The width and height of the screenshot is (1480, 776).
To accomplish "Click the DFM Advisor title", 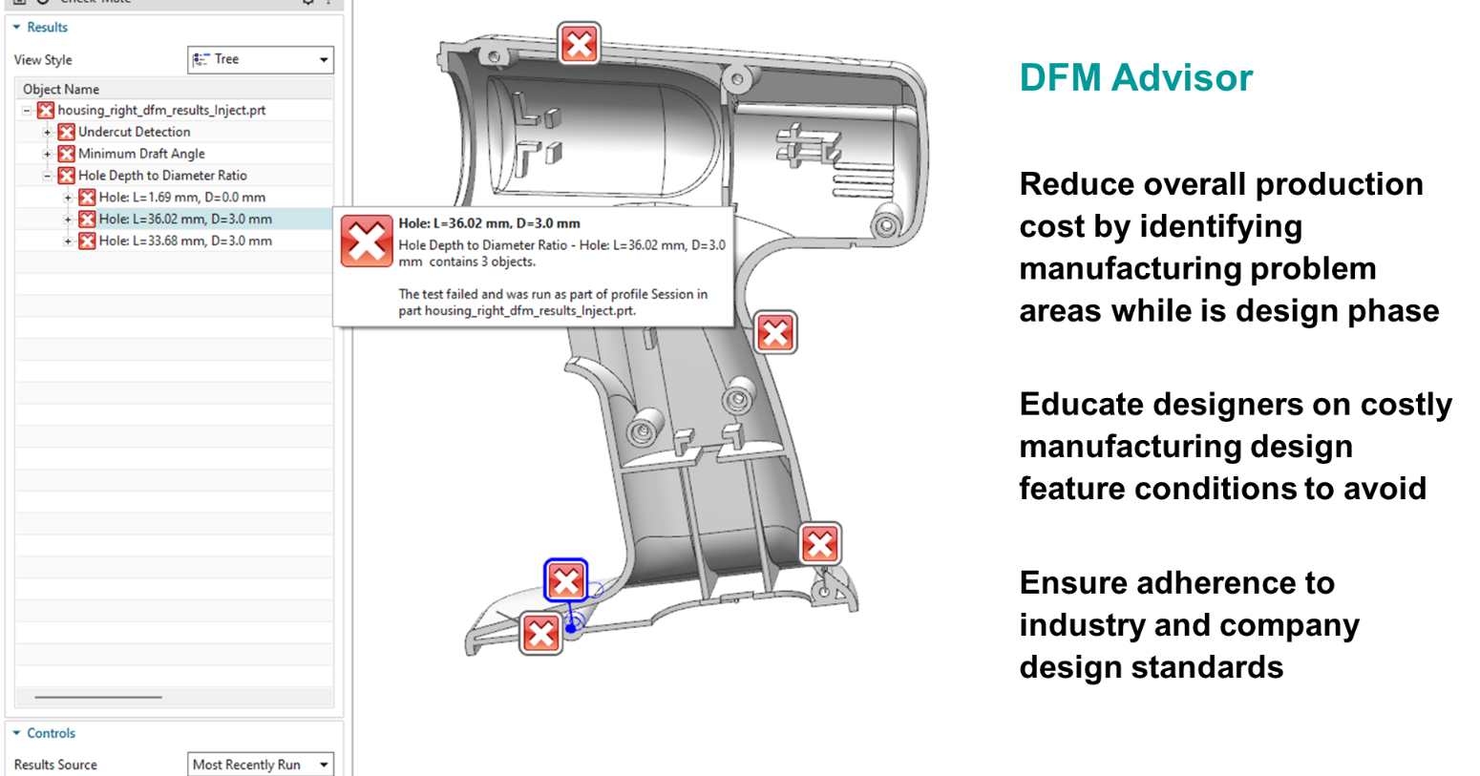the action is coord(1135,78).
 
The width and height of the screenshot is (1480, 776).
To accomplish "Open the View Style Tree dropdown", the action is coord(261,59).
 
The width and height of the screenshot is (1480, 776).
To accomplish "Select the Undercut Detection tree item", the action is coord(134,132).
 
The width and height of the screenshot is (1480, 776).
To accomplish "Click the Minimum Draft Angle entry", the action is coord(141,154).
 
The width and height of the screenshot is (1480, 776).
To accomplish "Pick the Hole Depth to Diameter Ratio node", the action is coord(162,175).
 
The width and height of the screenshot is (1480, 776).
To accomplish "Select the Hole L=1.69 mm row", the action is coord(181,197).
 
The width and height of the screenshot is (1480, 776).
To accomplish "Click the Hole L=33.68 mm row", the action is coord(185,241).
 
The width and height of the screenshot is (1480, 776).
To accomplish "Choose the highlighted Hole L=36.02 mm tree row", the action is coord(185,219).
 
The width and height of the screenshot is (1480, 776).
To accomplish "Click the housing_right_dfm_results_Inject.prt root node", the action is coord(161,110).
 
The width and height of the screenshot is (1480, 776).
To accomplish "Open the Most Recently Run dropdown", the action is coord(261,765).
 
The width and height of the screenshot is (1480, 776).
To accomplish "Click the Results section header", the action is coord(47,27).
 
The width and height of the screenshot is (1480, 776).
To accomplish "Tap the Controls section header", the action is coord(51,733).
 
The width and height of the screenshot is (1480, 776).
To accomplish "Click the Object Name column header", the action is coord(61,89).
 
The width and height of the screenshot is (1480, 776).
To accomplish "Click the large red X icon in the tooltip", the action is coord(367,241).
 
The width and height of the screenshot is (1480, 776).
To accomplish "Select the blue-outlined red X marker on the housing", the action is coord(565,580).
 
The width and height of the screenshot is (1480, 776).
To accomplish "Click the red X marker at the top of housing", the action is coord(580,44).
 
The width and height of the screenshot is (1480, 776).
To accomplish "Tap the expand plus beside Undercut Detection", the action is coord(47,132).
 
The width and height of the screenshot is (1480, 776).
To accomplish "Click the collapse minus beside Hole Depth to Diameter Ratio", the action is coord(47,176).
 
